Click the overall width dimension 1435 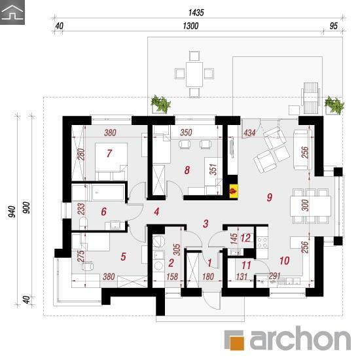[x=196, y=12]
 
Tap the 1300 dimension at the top [x=190, y=26]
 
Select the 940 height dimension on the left [x=12, y=211]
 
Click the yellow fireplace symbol [x=234, y=191]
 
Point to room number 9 [x=270, y=197]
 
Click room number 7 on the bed [x=109, y=153]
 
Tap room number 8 [x=187, y=170]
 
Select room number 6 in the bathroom [x=104, y=211]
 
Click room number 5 [x=124, y=257]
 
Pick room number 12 [x=245, y=238]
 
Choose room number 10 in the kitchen [x=285, y=261]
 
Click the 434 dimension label [x=249, y=133]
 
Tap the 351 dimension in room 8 [x=213, y=170]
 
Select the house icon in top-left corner [x=12, y=12]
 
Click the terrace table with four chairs [x=194, y=74]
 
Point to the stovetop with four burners [x=262, y=242]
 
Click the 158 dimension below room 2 [x=172, y=277]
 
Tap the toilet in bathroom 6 [x=83, y=224]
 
